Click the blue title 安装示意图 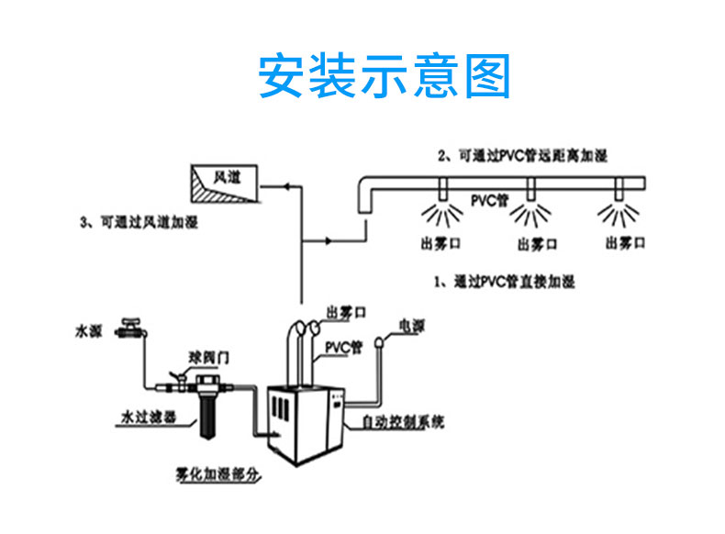tap(384, 77)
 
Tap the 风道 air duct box tap(223, 184)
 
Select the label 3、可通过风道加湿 tap(139, 222)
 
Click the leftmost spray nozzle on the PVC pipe tap(441, 193)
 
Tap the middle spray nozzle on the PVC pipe tap(530, 193)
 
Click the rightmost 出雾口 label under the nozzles tap(626, 242)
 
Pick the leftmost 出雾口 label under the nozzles tap(439, 243)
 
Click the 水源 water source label tap(89, 328)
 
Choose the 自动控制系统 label tap(403, 423)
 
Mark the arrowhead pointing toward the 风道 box tap(285, 186)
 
